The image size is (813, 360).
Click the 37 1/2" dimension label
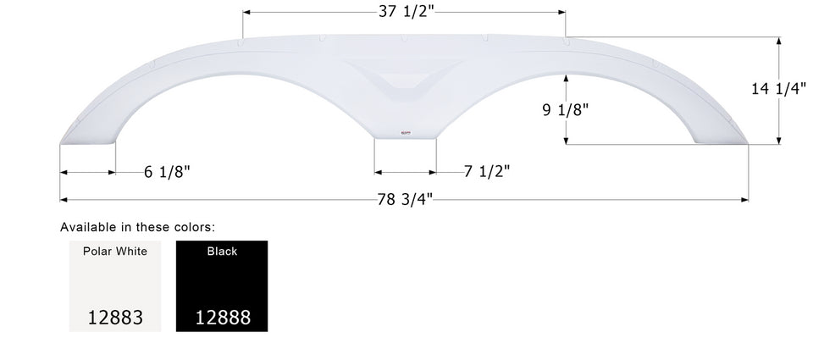coord(405,12)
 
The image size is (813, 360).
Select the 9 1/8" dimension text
coord(565,108)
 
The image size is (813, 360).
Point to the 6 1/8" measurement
coord(167,172)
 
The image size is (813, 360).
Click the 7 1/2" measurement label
coord(486,171)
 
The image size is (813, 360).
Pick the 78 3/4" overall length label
coord(405,200)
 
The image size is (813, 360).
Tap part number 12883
coord(115,318)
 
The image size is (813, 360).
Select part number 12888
coord(222,318)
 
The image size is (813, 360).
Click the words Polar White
coord(115,252)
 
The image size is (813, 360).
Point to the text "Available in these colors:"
coord(137,227)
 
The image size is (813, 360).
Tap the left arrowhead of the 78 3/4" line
coord(64,200)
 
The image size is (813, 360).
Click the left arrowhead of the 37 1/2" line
coord(247,13)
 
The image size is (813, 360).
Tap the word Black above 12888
coord(222,252)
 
